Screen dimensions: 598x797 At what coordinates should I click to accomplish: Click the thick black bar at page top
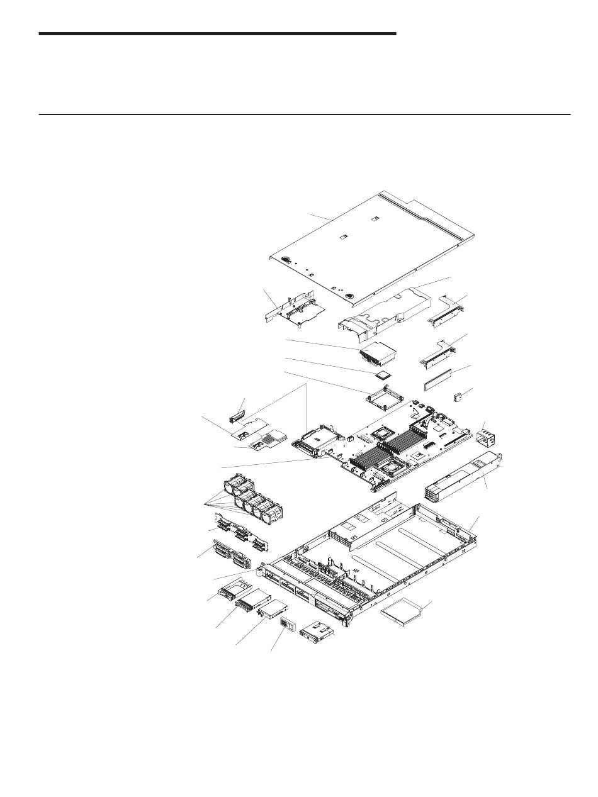(217, 33)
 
